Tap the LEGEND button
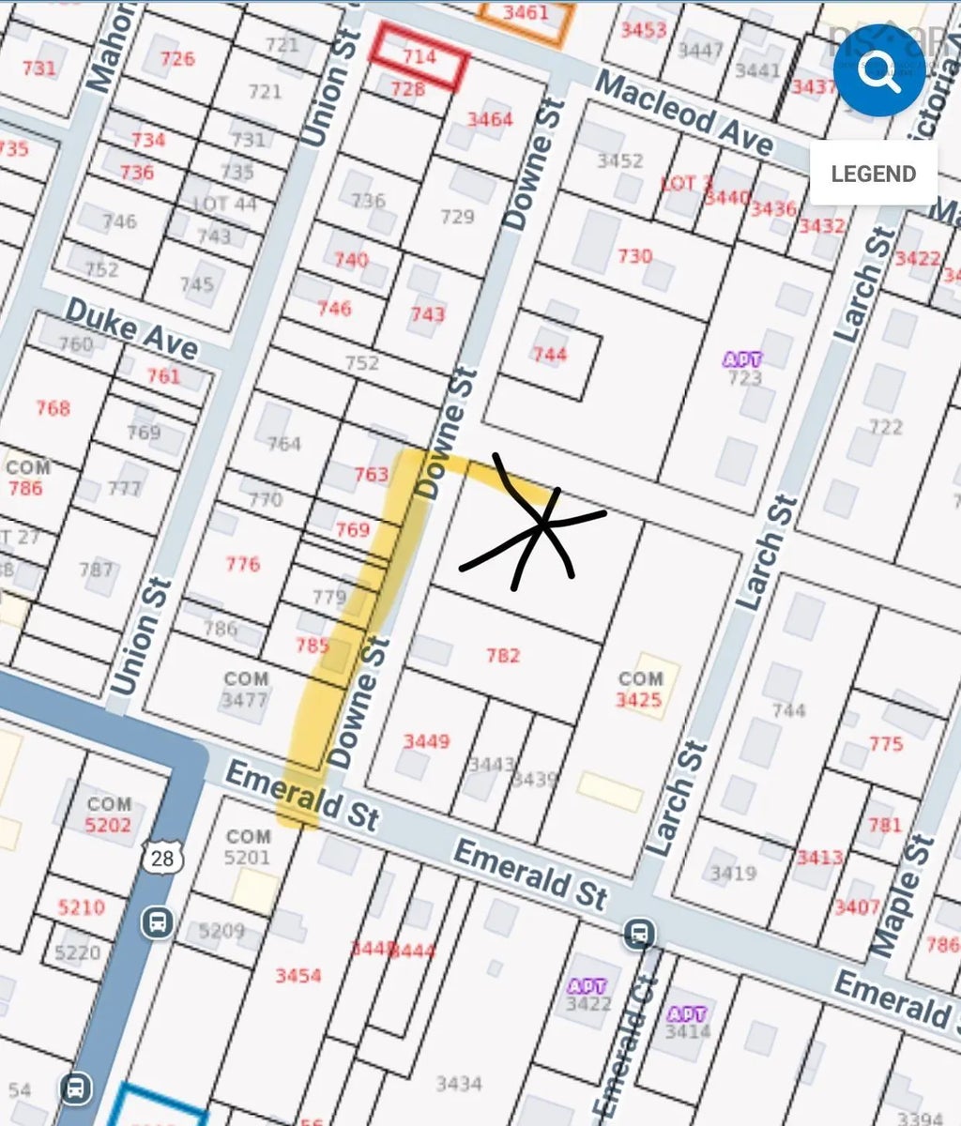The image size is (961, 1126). click(873, 174)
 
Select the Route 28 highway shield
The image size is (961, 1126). click(159, 856)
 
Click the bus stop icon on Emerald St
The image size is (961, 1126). click(640, 933)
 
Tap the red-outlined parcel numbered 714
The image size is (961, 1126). click(419, 57)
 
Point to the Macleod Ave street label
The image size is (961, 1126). click(685, 114)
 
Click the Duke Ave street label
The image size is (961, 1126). click(132, 329)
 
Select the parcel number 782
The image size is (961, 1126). click(503, 656)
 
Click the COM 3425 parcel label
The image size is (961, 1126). click(639, 690)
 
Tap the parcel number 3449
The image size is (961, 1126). click(426, 741)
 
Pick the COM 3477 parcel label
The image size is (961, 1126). click(245, 690)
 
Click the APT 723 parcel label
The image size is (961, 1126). click(743, 369)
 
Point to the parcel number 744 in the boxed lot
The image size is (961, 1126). click(550, 354)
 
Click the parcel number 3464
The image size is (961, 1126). click(490, 119)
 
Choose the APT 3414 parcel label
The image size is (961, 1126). click(687, 1024)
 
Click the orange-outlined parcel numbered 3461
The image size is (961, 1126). click(526, 14)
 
